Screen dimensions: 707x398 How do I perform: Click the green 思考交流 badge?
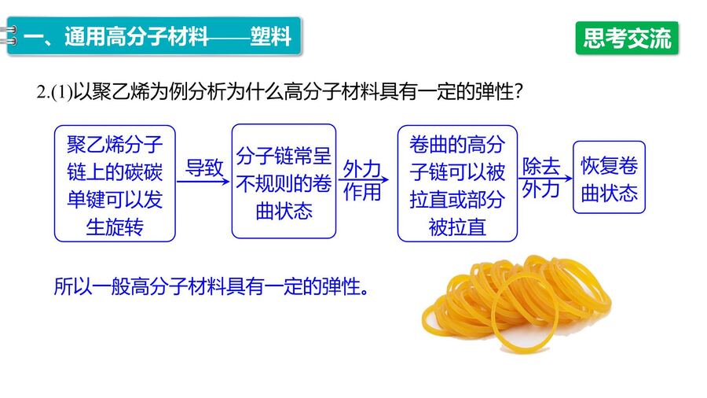point(627,38)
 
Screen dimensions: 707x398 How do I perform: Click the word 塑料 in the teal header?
point(270,36)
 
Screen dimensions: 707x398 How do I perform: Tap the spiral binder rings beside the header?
point(9,35)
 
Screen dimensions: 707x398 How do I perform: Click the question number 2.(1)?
point(54,93)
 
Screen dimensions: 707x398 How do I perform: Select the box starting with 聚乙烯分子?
point(115,183)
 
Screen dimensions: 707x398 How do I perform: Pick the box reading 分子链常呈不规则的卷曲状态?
point(284,182)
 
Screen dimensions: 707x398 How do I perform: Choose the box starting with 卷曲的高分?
point(457,183)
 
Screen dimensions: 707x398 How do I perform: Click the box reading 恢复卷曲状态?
point(609,177)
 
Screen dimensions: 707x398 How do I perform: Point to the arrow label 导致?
point(204,168)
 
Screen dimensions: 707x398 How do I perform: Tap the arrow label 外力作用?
point(362,180)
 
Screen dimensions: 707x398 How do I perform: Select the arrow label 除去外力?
point(541,178)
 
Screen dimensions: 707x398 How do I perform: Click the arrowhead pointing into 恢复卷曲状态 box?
point(569,179)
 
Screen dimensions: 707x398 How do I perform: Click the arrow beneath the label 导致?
point(203,182)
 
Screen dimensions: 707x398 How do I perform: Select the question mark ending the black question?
point(518,93)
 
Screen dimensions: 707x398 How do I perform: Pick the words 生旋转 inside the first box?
point(115,227)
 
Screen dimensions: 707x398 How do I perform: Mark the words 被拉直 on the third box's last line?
point(457,227)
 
